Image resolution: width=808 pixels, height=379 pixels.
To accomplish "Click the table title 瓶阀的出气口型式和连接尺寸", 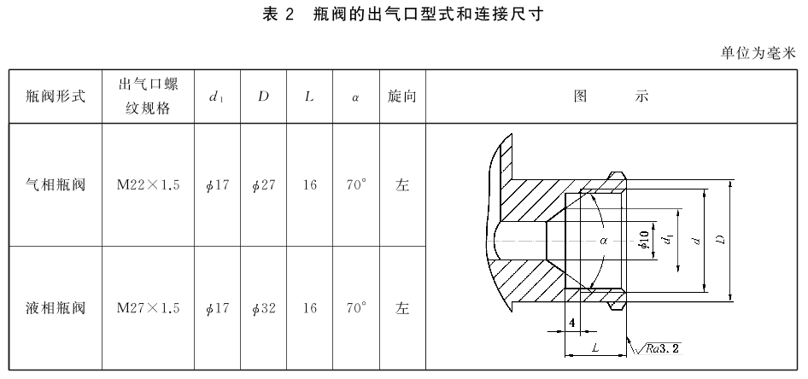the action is (x=428, y=14).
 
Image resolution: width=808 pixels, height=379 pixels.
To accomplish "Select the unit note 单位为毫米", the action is (x=758, y=53).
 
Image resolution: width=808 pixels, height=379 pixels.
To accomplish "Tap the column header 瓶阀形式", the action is (x=56, y=96).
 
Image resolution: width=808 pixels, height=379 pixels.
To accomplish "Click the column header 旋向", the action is (x=402, y=96).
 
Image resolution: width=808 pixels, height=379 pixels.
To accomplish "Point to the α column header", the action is (x=355, y=96).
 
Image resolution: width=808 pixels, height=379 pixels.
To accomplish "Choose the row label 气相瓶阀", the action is (x=56, y=185).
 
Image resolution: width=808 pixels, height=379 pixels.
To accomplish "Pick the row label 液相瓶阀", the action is (x=56, y=308).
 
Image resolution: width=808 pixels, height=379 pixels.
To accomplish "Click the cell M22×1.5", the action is (x=148, y=185).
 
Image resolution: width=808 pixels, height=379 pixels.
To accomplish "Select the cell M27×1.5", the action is (x=148, y=308).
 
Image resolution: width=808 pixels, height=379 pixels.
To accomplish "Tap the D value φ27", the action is (x=263, y=185).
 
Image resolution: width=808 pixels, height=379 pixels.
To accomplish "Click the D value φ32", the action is (x=263, y=308).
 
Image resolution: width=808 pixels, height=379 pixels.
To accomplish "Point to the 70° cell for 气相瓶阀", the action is (x=356, y=185).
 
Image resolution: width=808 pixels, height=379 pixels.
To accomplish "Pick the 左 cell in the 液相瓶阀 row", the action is (x=402, y=308).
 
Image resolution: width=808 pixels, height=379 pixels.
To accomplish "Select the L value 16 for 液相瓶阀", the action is (x=310, y=308).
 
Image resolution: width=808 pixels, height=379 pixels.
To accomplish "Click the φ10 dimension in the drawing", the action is (x=644, y=241).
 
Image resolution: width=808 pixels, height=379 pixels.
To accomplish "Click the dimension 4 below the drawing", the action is (x=572, y=323).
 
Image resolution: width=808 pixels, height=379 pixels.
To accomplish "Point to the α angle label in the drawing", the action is (x=604, y=240).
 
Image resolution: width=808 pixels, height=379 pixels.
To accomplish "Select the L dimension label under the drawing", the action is (x=595, y=348).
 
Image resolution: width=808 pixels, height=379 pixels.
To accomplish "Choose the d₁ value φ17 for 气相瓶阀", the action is (x=217, y=185).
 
